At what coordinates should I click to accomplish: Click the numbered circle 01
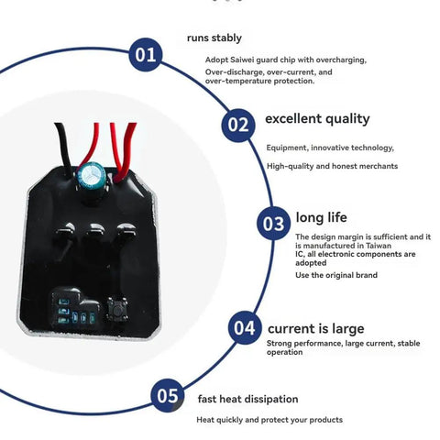click(146, 55)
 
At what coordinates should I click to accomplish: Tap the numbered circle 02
click(238, 125)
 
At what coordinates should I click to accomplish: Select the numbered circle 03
click(273, 223)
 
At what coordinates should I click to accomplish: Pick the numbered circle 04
click(245, 328)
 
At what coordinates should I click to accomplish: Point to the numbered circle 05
click(168, 395)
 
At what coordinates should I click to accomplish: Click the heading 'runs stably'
click(214, 38)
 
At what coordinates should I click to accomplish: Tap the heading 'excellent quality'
click(317, 119)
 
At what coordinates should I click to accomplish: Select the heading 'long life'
click(321, 217)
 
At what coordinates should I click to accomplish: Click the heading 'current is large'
click(316, 329)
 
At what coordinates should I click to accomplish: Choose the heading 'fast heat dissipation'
click(247, 399)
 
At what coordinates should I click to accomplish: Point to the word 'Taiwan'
click(379, 246)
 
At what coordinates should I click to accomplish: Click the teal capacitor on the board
click(91, 176)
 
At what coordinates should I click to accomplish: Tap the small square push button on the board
click(117, 309)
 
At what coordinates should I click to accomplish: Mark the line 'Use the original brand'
click(336, 275)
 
